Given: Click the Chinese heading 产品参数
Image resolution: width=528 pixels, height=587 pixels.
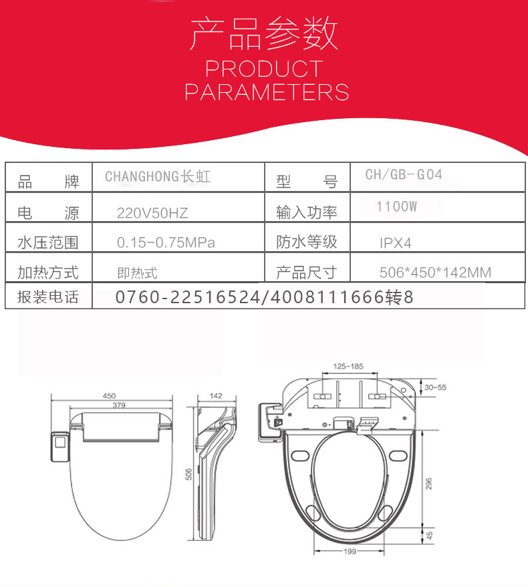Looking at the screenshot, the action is [264, 33].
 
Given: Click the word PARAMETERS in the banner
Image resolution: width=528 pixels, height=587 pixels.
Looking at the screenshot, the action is [267, 92].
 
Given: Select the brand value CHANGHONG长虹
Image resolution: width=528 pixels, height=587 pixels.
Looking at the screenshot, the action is [158, 176].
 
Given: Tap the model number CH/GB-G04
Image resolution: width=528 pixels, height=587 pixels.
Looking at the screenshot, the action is [404, 174].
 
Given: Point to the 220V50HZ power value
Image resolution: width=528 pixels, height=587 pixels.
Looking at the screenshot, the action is [152, 213].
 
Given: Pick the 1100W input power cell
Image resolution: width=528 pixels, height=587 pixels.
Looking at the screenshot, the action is [396, 206].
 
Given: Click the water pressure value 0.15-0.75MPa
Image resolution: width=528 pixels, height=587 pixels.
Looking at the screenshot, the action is [166, 242].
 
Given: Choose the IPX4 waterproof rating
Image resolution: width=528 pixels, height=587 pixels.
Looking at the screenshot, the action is [396, 243].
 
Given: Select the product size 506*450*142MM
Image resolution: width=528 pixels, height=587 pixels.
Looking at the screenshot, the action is [435, 272].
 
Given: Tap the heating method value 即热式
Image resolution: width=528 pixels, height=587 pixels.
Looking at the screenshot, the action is [137, 273].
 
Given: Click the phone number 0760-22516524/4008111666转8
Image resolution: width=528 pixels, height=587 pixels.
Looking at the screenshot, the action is [264, 297].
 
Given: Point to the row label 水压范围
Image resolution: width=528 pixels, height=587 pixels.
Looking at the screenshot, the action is [48, 242].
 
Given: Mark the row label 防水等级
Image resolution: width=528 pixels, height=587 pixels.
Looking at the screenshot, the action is [307, 242].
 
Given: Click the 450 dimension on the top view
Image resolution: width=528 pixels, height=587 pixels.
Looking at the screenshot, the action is [109, 396].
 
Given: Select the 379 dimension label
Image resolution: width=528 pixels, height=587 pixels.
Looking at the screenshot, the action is [119, 405].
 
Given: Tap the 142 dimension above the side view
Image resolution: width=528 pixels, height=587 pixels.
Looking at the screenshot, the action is [216, 396].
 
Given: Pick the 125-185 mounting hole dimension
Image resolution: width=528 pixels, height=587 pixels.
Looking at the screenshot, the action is [348, 366].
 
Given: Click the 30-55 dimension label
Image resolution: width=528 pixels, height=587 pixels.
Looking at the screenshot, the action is [435, 387].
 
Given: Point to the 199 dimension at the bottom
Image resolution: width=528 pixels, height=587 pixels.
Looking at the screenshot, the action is [350, 551].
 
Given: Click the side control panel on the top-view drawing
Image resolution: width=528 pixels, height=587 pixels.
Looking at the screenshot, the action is [60, 447].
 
